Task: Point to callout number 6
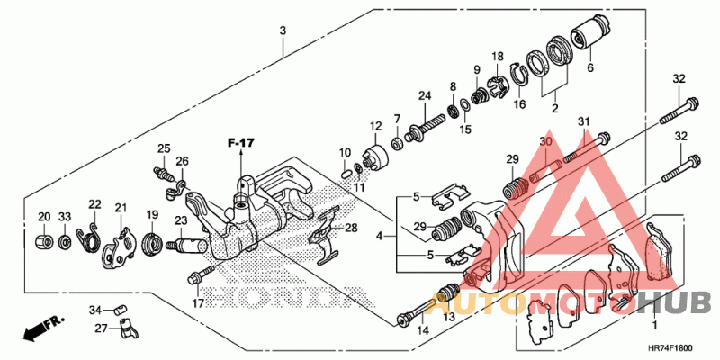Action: [x=590, y=67]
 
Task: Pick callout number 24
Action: [x=424, y=95]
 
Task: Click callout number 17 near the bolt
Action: [x=199, y=303]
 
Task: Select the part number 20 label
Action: [x=43, y=217]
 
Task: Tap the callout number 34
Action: [x=95, y=310]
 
